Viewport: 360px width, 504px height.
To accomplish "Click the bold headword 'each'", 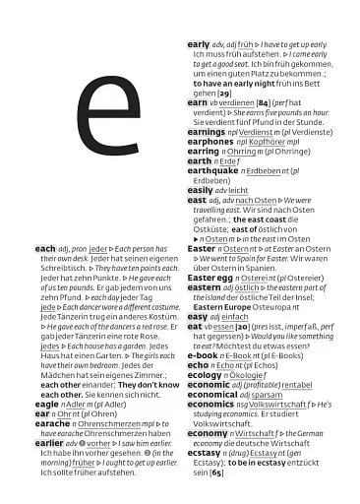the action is click(45, 249).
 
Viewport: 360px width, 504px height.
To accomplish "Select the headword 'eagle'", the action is click(47, 404).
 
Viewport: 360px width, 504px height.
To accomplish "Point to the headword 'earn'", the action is click(197, 102).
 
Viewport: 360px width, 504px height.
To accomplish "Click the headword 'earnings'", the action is click(207, 132).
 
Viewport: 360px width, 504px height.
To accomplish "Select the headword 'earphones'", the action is click(210, 142).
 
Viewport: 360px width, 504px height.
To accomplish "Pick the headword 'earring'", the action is click(203, 152).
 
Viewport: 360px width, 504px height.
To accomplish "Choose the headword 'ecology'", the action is click(205, 375).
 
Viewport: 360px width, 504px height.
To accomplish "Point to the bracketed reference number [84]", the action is click(265, 102).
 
